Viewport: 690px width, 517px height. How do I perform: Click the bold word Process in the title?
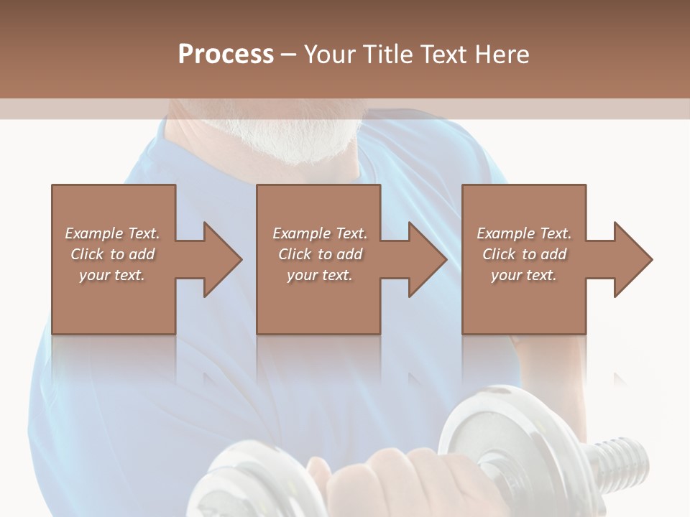(226, 55)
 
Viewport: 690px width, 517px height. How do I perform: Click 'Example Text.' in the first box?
(112, 233)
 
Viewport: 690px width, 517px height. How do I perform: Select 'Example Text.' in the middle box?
(320, 233)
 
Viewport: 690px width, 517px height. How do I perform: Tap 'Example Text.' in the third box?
(524, 233)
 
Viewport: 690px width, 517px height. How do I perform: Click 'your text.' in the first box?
(112, 275)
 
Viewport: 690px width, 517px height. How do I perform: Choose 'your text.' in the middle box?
(320, 275)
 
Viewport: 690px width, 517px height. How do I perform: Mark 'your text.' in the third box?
(524, 275)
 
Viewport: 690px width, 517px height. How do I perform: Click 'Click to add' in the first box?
(112, 254)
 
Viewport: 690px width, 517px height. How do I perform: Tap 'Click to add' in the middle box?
(320, 254)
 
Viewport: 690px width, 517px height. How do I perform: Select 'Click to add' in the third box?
(524, 254)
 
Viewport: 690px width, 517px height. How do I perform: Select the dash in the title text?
(288, 55)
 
